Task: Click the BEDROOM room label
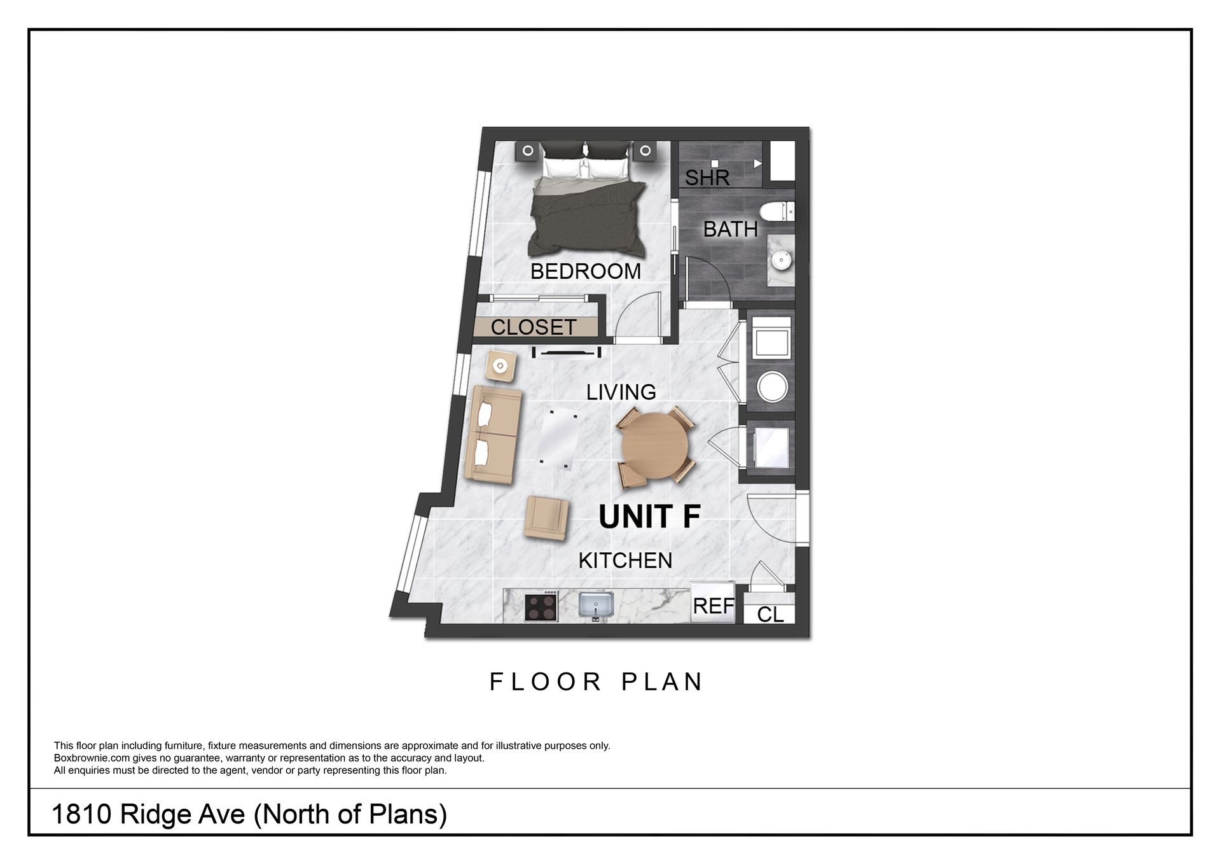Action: (x=585, y=272)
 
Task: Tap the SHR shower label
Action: (x=707, y=178)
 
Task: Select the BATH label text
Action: (x=730, y=229)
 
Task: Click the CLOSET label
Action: (x=534, y=327)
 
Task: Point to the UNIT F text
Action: (x=649, y=517)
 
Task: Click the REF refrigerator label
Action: (x=714, y=606)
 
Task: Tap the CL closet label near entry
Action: (x=770, y=615)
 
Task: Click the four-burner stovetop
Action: (x=541, y=606)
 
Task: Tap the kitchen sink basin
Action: (x=596, y=604)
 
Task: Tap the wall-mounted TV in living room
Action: (x=566, y=352)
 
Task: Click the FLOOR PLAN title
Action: (x=596, y=682)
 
